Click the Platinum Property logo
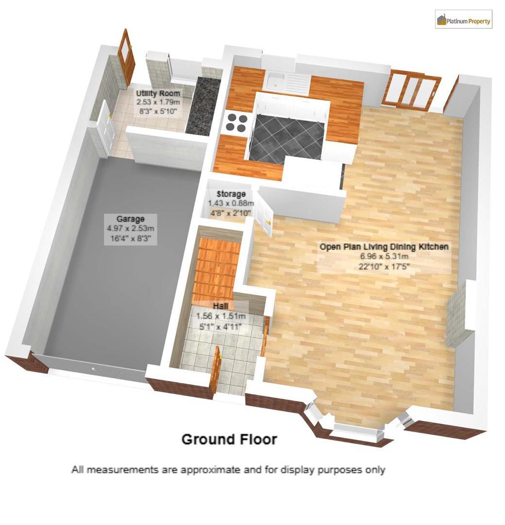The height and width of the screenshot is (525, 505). pos(464,20)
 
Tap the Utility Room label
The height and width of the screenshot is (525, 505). pos(158,93)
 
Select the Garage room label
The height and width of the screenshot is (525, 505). pos(130,219)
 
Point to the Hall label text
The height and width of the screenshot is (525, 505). pos(221,306)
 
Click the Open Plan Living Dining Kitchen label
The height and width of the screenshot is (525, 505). pos(384,246)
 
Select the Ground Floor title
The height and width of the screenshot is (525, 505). pos(229,439)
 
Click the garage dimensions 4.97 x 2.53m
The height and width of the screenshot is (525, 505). pos(131,228)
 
